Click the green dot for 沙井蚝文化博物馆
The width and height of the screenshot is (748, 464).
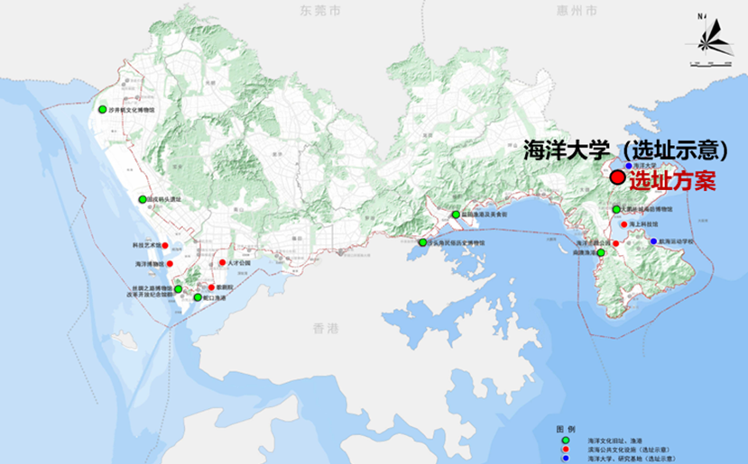point(103,109)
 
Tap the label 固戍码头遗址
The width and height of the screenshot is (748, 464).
point(165,199)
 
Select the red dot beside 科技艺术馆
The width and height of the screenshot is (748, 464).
point(165,245)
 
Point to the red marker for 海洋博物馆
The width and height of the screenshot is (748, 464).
point(170,263)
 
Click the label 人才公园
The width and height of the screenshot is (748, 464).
point(239,263)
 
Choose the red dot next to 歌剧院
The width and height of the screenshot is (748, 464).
point(211,287)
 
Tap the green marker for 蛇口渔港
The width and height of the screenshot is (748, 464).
point(198,296)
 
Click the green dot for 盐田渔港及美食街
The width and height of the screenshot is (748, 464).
point(456,214)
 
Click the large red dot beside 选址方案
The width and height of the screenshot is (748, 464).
point(617,177)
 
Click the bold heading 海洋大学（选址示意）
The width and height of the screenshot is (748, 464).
point(626,150)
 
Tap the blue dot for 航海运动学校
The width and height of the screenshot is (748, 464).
point(653,241)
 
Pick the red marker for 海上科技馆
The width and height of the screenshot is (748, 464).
point(623,224)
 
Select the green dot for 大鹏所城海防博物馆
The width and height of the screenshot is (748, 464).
point(616,209)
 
